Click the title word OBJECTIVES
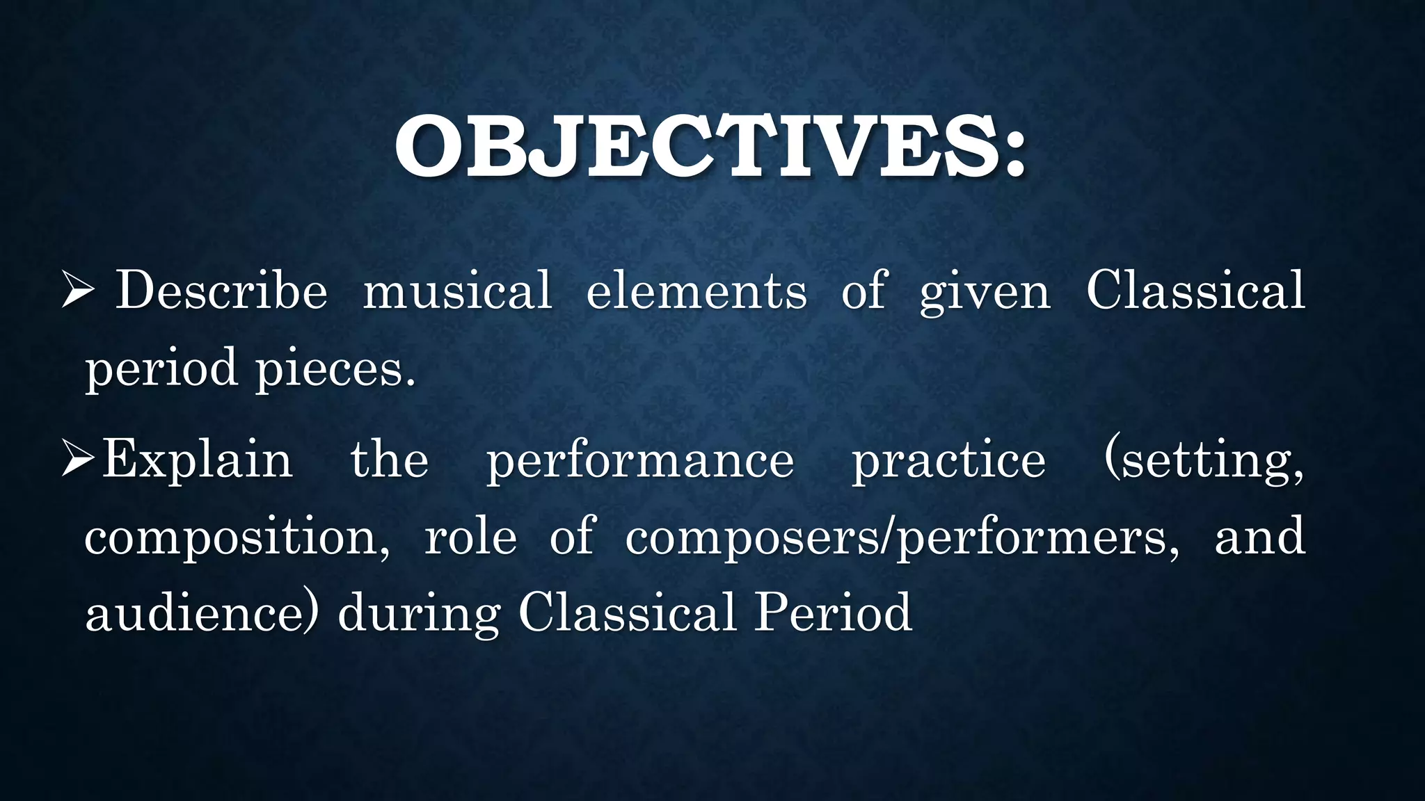click(x=696, y=147)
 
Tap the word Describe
click(x=221, y=291)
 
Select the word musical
click(x=458, y=291)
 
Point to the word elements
click(x=696, y=291)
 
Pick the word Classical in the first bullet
click(x=1195, y=291)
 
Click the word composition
click(x=237, y=538)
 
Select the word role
click(x=470, y=537)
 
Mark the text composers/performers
click(x=902, y=538)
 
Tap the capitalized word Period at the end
click(x=834, y=613)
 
